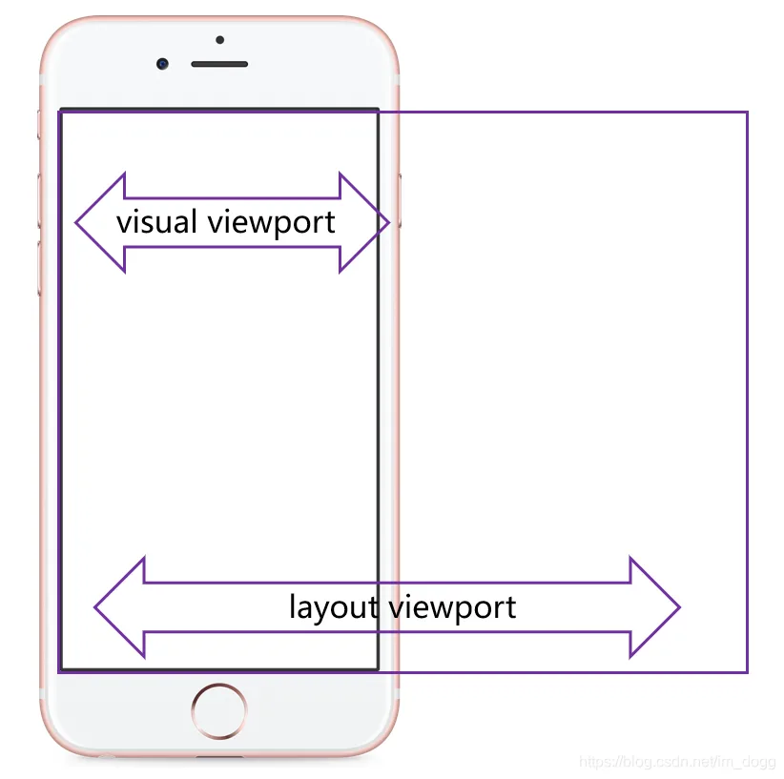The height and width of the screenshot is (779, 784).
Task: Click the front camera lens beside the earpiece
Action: (162, 64)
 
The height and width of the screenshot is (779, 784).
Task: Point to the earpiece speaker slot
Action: (219, 64)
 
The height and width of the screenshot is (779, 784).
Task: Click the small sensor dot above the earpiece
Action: (220, 39)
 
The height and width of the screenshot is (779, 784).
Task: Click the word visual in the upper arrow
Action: (156, 221)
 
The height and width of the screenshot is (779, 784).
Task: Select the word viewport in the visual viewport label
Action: (272, 223)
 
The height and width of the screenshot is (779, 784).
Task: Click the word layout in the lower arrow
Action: (333, 607)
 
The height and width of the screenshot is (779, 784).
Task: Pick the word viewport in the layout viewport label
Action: (452, 608)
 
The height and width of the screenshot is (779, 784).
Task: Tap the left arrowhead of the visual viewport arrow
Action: (100, 222)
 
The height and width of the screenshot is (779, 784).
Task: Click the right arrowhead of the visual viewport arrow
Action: (364, 222)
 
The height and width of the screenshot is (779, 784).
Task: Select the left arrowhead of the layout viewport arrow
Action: (120, 607)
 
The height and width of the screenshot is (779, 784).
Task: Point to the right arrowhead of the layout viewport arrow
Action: (655, 607)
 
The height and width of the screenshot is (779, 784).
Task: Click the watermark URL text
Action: (677, 762)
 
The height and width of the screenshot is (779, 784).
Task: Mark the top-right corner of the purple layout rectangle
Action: (747, 113)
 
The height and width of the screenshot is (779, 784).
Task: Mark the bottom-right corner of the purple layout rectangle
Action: (747, 672)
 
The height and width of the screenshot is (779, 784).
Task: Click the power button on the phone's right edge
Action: (400, 201)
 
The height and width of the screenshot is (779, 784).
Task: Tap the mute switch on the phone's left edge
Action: (39, 125)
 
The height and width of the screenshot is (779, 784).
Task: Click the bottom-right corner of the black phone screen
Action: (378, 668)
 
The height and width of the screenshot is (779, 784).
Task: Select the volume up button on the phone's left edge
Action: (39, 201)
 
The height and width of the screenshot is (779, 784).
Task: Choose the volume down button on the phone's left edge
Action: (39, 268)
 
